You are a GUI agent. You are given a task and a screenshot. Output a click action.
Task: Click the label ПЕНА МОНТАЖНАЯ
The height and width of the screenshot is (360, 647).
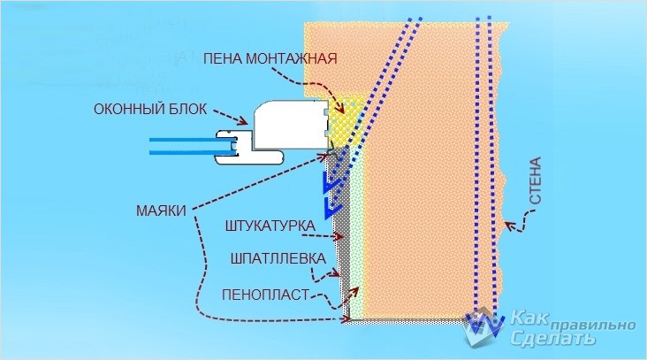pyautogui.click(x=270, y=59)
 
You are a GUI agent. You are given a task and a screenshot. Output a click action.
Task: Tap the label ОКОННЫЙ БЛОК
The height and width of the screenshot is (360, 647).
pyautogui.click(x=149, y=110)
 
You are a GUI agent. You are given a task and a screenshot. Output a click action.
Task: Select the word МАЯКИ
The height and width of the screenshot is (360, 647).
pyautogui.click(x=161, y=211)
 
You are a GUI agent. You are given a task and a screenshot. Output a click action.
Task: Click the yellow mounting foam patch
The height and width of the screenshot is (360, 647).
pyautogui.click(x=346, y=124)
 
